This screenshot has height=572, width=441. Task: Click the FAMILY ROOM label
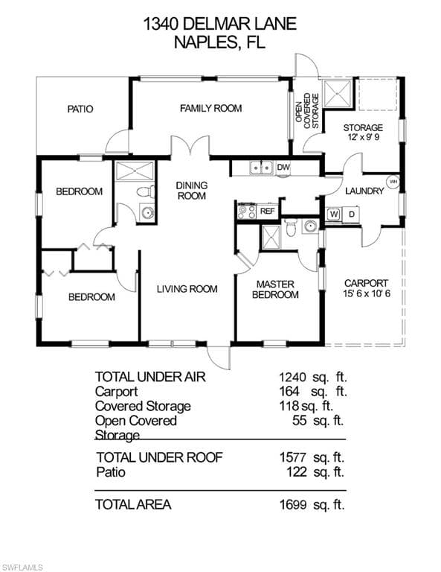tap(211, 108)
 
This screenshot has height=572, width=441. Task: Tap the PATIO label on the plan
tap(80, 109)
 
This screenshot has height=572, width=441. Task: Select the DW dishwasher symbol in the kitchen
tap(283, 168)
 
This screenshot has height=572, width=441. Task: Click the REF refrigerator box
tap(267, 212)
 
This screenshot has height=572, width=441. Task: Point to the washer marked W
tap(333, 214)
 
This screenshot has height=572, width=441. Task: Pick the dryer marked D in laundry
tap(352, 214)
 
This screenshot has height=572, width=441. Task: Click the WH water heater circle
tap(393, 181)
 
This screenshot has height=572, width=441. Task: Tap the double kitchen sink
tap(261, 168)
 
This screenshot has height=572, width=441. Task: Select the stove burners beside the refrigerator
tap(247, 212)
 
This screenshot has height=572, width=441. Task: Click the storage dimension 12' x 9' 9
tap(363, 138)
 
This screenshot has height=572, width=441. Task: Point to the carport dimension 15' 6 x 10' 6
tap(367, 293)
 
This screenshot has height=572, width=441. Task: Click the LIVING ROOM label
tap(187, 289)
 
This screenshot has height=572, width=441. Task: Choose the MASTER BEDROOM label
tap(275, 289)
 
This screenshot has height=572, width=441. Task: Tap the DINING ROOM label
tap(192, 191)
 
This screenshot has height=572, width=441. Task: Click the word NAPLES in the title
tap(206, 42)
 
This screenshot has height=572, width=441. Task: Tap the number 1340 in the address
tap(160, 24)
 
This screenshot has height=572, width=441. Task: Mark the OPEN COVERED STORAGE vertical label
tap(307, 110)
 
